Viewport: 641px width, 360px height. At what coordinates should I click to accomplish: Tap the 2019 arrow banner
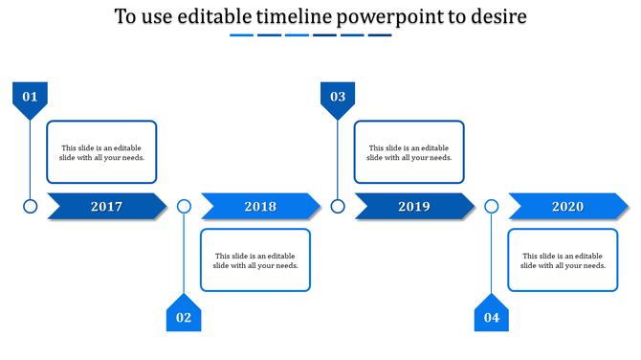(414, 206)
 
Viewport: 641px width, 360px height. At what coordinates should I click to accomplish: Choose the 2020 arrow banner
(568, 206)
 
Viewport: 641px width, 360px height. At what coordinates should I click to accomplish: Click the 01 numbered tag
(30, 98)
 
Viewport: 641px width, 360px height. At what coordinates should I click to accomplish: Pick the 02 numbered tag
(184, 316)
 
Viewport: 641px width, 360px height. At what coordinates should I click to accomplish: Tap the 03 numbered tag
(338, 98)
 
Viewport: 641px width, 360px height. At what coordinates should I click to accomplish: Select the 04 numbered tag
(492, 316)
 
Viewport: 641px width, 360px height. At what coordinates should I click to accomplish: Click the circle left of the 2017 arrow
(30, 206)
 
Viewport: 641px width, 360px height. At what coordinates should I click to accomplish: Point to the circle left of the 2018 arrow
(184, 206)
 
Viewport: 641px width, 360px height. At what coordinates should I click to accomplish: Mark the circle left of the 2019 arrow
(338, 206)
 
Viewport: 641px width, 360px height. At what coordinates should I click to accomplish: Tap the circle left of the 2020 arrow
(492, 206)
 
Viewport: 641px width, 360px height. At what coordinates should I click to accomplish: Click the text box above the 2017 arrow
(102, 152)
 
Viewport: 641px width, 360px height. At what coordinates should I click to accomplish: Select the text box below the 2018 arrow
(255, 259)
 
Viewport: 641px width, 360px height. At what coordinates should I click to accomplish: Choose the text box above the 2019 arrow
(409, 152)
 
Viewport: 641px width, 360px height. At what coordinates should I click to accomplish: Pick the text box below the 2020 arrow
(563, 259)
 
